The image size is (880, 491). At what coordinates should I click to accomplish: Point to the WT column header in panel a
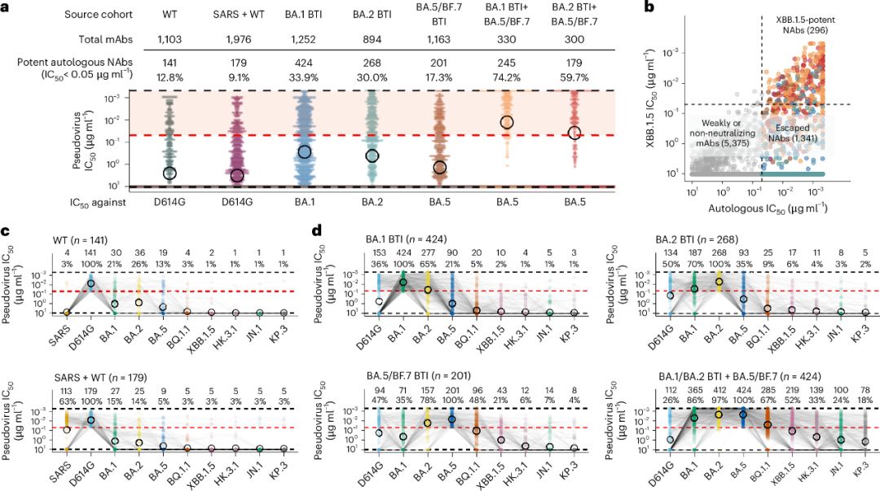tap(169, 15)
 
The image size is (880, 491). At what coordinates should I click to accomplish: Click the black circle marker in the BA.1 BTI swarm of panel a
tap(305, 152)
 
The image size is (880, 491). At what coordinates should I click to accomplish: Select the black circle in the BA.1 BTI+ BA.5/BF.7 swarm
tap(507, 122)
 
